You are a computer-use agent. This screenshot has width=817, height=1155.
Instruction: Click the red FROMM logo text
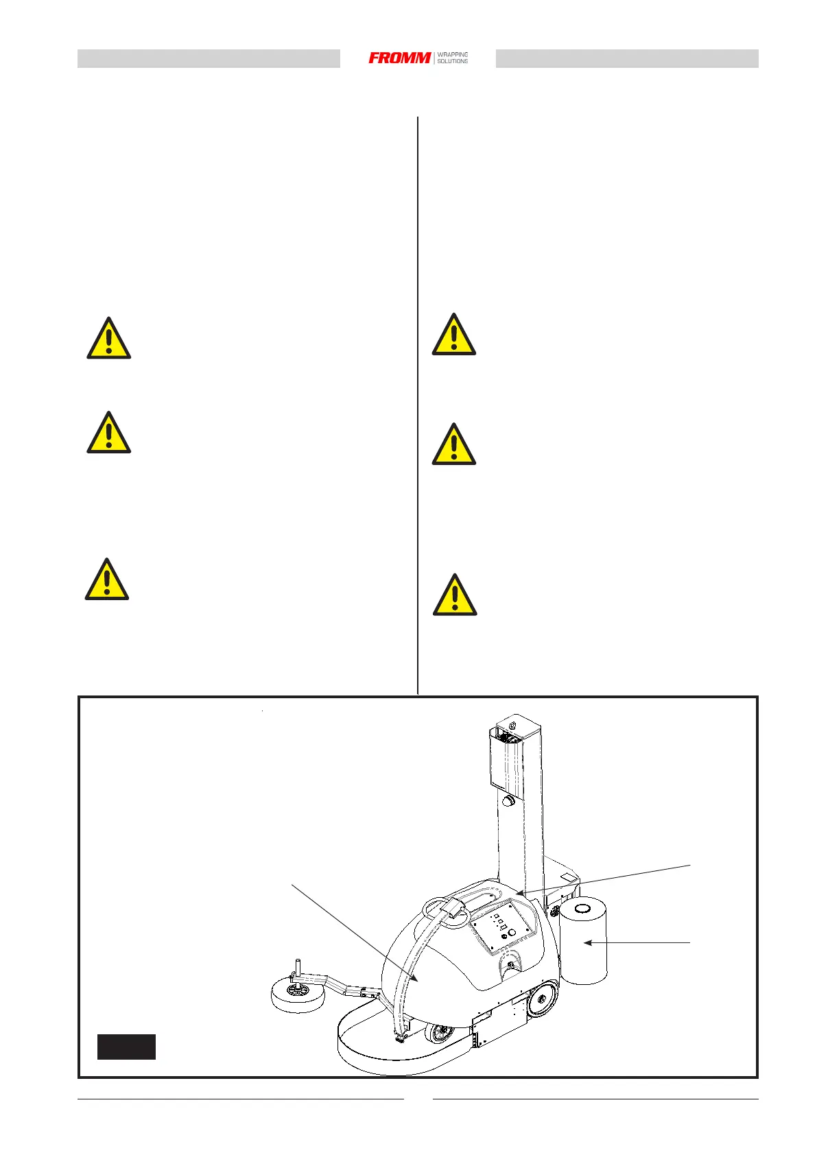coord(400,58)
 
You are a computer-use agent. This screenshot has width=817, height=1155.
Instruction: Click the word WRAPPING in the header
coord(453,54)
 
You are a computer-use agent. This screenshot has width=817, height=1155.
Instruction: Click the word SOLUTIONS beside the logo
coord(453,62)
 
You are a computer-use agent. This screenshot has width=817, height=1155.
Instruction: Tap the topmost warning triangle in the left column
coord(108,339)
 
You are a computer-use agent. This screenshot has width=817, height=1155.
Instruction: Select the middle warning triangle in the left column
coord(108,433)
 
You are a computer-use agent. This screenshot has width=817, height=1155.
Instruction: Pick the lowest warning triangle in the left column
coord(107,580)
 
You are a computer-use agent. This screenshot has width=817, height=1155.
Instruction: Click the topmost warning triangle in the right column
coord(453,335)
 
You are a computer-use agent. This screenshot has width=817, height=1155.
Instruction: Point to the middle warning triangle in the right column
coord(453,445)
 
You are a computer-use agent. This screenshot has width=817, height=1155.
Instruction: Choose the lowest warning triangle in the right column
coord(454,595)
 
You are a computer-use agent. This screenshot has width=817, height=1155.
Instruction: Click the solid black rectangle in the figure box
coord(126,1047)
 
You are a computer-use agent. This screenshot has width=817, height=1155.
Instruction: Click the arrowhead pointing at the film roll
coord(587,943)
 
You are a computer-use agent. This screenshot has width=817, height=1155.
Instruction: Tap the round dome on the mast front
coord(509,800)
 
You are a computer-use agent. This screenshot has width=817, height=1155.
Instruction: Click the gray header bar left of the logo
coord(209,59)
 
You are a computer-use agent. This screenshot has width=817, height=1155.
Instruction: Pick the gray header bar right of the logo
coord(627,59)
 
